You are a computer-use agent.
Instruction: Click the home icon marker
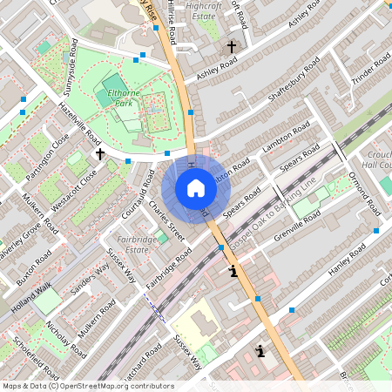click(x=196, y=188)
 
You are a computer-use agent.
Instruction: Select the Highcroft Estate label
click(x=203, y=10)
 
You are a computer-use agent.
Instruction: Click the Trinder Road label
click(x=369, y=71)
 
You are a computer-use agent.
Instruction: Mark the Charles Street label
click(x=166, y=218)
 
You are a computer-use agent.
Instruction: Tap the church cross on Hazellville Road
click(x=100, y=154)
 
